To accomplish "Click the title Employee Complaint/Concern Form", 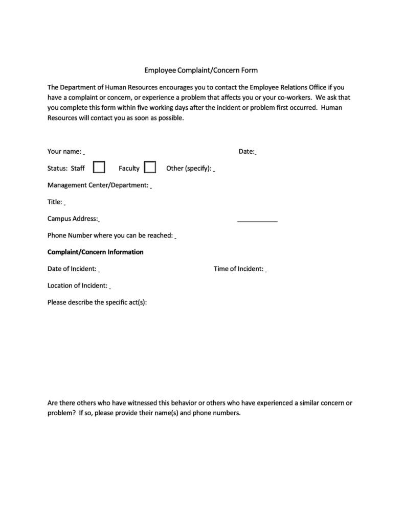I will pyautogui.click(x=201, y=70).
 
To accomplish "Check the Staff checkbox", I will pyautogui.click(x=99, y=168).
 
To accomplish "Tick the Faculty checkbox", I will pyautogui.click(x=150, y=168).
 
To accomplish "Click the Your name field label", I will pyautogui.click(x=64, y=151).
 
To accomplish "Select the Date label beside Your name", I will pyautogui.click(x=246, y=151).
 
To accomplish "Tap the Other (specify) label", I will pyautogui.click(x=189, y=169).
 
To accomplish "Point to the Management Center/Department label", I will pyautogui.click(x=98, y=185).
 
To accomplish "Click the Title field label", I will pyautogui.click(x=55, y=202).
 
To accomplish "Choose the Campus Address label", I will pyautogui.click(x=73, y=219).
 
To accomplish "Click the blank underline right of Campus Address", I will pyautogui.click(x=257, y=221).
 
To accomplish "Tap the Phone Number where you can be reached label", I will pyautogui.click(x=110, y=235).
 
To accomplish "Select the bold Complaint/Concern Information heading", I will pyautogui.click(x=96, y=252).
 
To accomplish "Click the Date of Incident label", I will pyautogui.click(x=72, y=269).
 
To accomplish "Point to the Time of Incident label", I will pyautogui.click(x=238, y=269).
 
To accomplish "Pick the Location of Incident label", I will pyautogui.click(x=77, y=286).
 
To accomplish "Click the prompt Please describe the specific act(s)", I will pyautogui.click(x=97, y=302).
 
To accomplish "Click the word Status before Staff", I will pyautogui.click(x=57, y=168).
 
